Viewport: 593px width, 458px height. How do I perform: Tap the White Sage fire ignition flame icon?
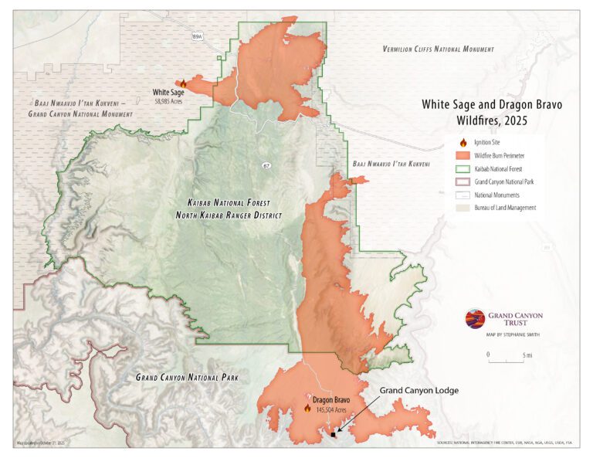183,83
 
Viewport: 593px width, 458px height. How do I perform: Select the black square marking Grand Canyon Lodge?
333,435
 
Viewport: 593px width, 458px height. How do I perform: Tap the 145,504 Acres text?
334,410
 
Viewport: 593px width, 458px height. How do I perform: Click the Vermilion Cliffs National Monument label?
438,49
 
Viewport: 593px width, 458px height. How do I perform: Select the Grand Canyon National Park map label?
187,378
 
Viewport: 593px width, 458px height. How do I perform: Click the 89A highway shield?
197,36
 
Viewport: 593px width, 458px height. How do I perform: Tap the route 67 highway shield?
266,165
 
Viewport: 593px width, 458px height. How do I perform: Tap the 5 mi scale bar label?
527,355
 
